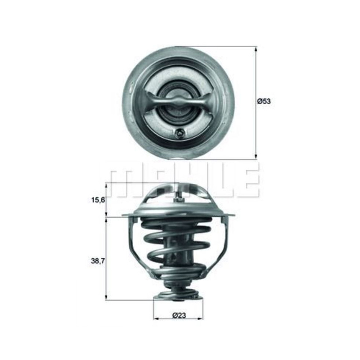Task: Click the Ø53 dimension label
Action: (264, 101)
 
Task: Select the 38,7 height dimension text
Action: (98, 261)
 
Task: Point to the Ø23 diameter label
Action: (179, 316)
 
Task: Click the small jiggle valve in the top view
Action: (179, 133)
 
